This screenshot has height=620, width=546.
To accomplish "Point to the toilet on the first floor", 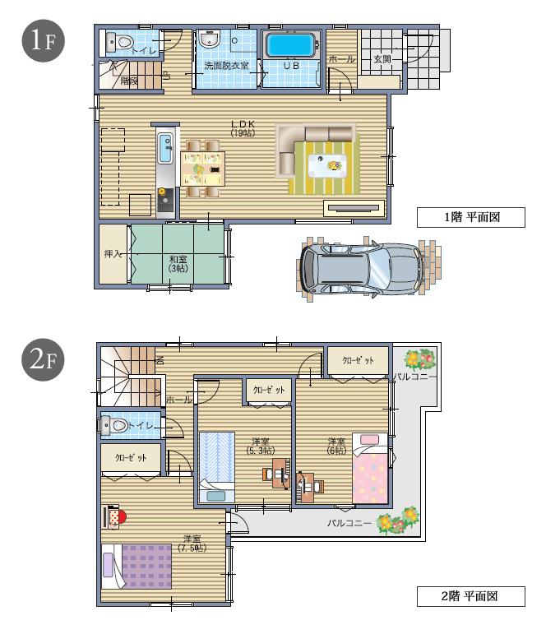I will pos(123,41).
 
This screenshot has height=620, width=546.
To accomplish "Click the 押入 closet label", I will pos(113,255).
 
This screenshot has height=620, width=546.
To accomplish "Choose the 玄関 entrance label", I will pos(382,59).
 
